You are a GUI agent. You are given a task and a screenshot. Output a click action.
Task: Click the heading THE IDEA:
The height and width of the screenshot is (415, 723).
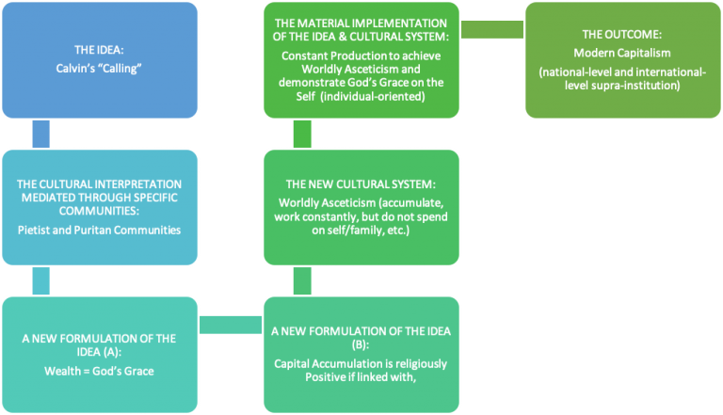pos(99,50)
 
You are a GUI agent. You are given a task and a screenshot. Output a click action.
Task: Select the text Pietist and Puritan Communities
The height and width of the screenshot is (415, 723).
pos(99,231)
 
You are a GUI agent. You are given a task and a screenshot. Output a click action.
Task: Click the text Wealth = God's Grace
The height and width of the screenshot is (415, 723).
pos(99,371)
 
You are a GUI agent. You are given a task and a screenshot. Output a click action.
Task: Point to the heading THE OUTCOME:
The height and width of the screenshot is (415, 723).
pos(622,35)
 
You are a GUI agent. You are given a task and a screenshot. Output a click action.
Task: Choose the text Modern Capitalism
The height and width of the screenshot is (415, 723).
pos(622,53)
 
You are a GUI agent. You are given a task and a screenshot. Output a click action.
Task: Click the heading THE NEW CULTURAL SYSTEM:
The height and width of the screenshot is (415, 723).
pos(361,184)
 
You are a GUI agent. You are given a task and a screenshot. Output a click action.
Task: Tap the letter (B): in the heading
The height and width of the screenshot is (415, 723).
pos(361,345)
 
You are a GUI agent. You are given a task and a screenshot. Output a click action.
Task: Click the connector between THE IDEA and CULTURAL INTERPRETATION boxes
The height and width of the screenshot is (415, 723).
pos(41,134)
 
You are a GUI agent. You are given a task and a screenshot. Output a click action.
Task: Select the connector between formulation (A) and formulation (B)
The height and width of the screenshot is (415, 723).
pos(231,325)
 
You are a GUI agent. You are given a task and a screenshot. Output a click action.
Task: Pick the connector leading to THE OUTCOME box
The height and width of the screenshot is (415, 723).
pos(492,29)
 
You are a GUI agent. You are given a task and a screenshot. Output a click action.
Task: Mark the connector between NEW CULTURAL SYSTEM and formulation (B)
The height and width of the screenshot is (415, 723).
pos(302,280)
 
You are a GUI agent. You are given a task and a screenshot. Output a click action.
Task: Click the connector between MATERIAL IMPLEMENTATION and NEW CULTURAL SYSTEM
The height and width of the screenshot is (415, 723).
pos(302,134)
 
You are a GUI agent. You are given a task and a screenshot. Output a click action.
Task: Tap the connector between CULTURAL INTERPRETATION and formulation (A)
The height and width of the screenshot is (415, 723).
pos(41,280)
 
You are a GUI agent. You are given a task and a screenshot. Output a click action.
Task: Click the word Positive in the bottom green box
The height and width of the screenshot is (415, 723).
pos(325,377)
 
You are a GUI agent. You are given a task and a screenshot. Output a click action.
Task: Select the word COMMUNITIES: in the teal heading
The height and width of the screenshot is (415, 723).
pos(99,211)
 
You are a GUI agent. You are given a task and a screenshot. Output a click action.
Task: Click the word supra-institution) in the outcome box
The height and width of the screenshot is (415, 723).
pos(635,86)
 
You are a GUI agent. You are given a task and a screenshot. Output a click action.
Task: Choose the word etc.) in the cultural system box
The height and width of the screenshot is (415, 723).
pos(398,231)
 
